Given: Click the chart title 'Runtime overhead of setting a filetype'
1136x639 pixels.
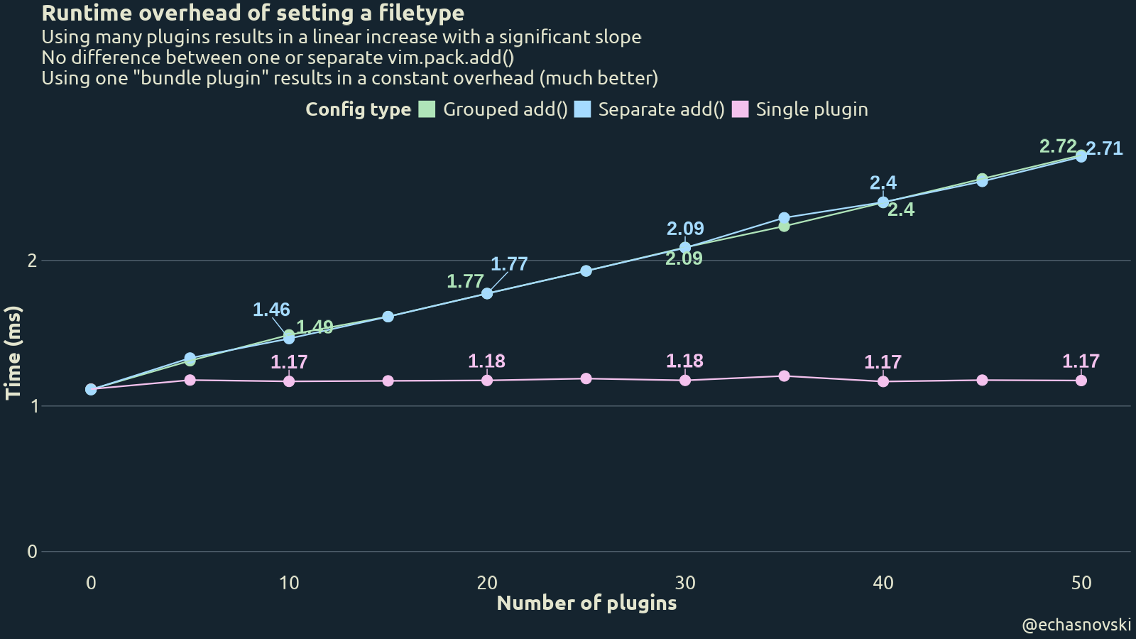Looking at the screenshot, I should (253, 13).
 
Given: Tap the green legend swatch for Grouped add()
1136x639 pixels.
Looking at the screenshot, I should (427, 109).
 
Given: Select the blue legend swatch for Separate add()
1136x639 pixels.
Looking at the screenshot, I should (582, 109).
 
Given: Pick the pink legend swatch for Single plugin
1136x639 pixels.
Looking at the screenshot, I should (740, 109).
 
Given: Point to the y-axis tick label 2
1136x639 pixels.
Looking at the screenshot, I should (32, 261).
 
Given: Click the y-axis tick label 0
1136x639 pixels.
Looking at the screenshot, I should (32, 552).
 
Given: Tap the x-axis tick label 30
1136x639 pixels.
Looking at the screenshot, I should (685, 583).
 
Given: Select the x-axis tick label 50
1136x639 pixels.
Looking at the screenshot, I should (1081, 583).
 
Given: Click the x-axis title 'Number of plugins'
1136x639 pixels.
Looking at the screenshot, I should (586, 603).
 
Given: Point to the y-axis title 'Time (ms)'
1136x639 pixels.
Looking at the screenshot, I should (13, 353).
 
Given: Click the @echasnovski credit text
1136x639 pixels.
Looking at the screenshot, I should (1076, 625).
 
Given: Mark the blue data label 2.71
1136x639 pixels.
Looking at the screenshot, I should (1105, 148).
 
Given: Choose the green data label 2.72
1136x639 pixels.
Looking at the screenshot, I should (1058, 146).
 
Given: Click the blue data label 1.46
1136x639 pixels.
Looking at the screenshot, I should (271, 310).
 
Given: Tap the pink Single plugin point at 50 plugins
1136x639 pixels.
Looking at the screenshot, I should (1081, 381).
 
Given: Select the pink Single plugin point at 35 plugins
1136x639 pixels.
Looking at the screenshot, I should (784, 376).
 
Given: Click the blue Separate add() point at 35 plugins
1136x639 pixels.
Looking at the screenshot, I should (784, 218).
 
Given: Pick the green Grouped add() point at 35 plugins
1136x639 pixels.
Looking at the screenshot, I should (784, 226).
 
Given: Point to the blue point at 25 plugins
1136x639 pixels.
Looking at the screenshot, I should (586, 271).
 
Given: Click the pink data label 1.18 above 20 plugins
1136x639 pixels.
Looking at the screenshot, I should (487, 361).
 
